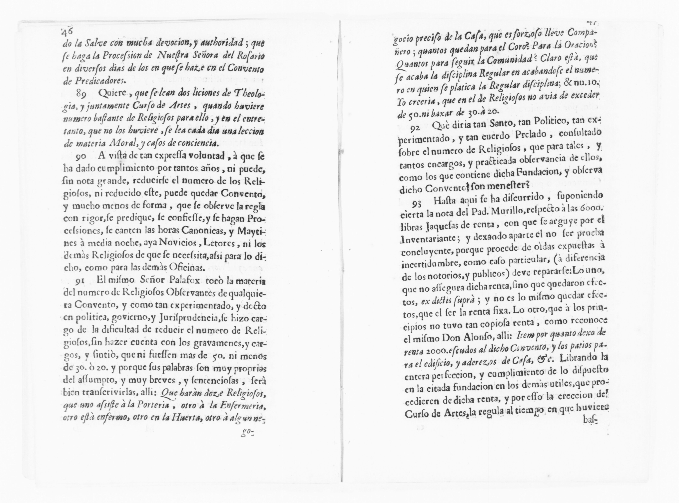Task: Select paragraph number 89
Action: [81, 94]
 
